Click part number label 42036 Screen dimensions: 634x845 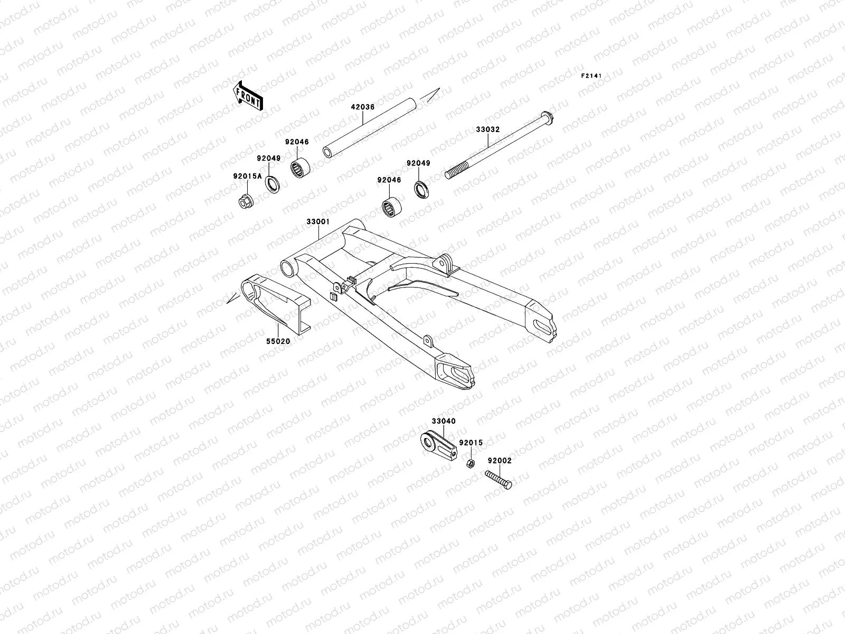pos(362,107)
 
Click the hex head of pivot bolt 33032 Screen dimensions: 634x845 pos(546,116)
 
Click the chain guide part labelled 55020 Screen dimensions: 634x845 pos(275,304)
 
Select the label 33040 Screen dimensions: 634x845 pos(443,421)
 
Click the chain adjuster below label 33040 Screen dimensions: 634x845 pos(438,446)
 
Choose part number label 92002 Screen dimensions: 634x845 pos(499,461)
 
